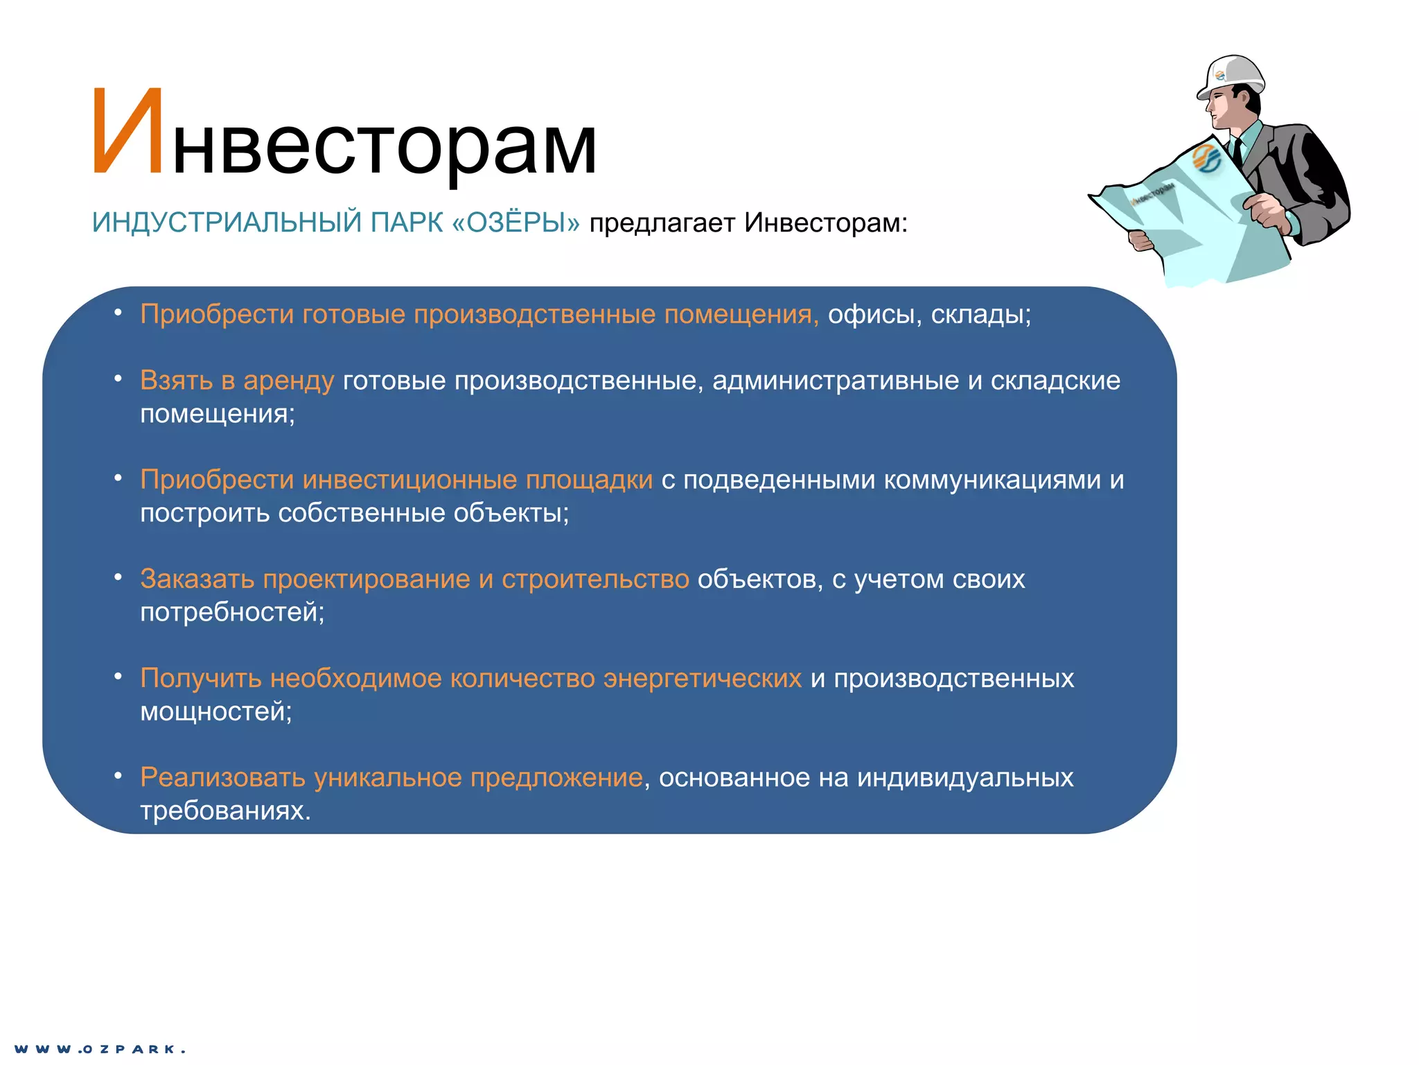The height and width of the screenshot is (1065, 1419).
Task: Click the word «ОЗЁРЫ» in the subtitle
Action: pyautogui.click(x=515, y=223)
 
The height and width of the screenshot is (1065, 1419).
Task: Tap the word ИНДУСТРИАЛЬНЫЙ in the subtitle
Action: pyautogui.click(x=227, y=223)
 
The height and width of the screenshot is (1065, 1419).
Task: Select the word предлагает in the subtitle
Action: pyautogui.click(x=662, y=223)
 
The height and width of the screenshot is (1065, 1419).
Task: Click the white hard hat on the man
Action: pyautogui.click(x=1233, y=74)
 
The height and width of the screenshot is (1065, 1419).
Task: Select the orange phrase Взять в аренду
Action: pyautogui.click(x=237, y=381)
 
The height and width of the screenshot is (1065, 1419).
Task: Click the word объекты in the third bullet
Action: pyautogui.click(x=510, y=513)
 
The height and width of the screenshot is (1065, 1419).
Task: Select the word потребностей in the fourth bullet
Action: pyautogui.click(x=229, y=612)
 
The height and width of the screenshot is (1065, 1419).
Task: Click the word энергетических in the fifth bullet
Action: pyautogui.click(x=702, y=678)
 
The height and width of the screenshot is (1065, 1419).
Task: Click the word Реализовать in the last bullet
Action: pyautogui.click(x=222, y=777)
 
